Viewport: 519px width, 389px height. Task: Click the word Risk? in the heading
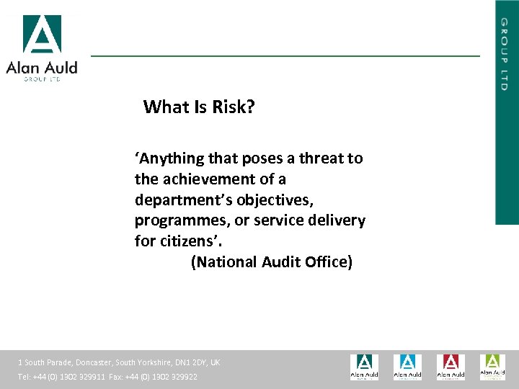234,107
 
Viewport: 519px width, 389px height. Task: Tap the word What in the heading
165,107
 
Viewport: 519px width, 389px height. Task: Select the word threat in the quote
313,158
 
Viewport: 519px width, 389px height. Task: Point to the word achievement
214,179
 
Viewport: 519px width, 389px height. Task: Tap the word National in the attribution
227,262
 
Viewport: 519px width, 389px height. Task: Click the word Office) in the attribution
328,262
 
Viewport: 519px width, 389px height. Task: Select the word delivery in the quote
339,220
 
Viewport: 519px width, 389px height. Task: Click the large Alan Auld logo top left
42,48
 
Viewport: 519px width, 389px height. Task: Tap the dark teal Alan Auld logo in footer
364,367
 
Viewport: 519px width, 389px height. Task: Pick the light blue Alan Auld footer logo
407,367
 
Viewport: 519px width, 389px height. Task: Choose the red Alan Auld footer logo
451,367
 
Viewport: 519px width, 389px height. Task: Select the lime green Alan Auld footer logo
493,367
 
